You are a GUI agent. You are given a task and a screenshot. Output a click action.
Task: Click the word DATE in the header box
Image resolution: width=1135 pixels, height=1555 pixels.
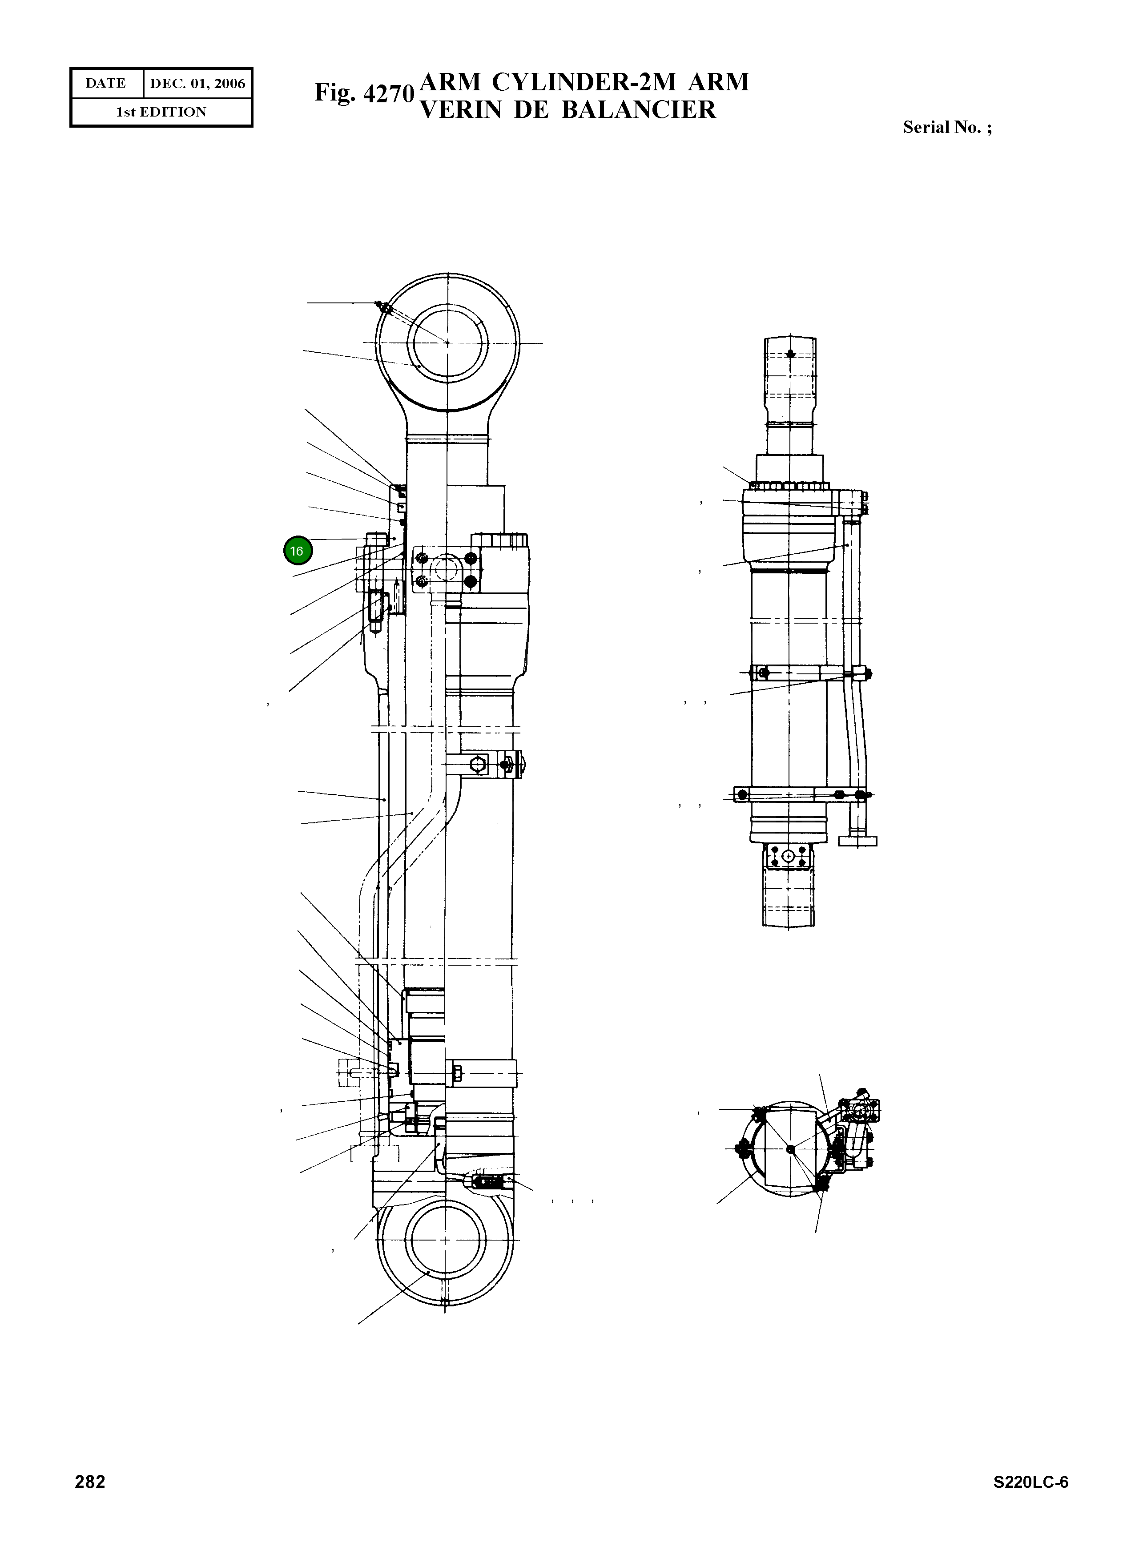106,83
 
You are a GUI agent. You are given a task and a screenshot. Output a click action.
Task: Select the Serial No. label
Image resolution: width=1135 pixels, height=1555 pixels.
947,127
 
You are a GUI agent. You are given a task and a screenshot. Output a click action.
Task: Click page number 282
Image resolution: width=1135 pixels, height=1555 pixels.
90,1482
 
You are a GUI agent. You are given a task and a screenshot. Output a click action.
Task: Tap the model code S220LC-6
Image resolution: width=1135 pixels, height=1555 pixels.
1030,1482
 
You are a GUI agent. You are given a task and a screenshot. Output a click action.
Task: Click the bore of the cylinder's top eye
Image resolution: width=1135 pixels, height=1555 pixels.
447,342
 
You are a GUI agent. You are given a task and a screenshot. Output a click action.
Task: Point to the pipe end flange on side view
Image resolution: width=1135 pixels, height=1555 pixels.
857,840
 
